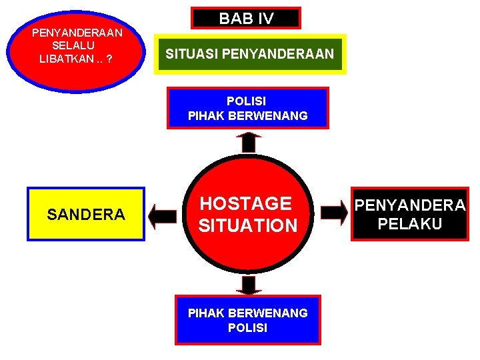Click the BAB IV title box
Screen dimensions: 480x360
pos(246,18)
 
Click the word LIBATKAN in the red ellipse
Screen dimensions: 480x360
pos(66,59)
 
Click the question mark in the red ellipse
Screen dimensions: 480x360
pos(109,59)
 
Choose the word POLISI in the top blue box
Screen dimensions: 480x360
pos(246,101)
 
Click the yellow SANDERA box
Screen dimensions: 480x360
pos(86,214)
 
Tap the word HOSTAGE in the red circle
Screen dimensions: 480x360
pos(246,203)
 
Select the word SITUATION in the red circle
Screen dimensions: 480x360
pos(248,226)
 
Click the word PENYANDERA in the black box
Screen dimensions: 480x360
pos(409,205)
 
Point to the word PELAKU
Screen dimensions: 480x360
pos(409,224)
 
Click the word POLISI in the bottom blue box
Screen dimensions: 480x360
pos(247,328)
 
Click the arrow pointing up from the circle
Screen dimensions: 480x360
pos(249,142)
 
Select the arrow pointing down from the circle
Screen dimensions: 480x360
pos(249,285)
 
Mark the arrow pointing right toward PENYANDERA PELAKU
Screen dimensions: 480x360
pos(334,213)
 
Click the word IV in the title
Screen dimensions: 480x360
pos(265,19)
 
